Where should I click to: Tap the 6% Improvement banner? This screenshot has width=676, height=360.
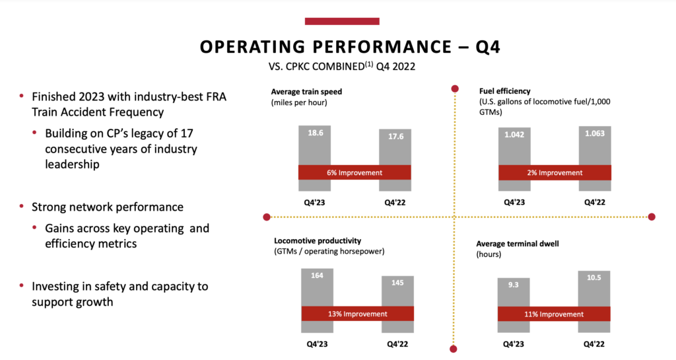click(x=355, y=172)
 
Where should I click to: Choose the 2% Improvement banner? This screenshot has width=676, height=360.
click(x=555, y=172)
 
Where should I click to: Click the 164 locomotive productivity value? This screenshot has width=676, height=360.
click(x=318, y=274)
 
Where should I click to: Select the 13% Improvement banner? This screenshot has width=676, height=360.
click(x=357, y=314)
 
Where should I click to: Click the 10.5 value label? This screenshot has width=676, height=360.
click(x=594, y=277)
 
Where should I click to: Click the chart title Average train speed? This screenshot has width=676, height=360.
click(x=306, y=91)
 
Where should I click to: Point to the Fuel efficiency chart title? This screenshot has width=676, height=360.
click(x=504, y=90)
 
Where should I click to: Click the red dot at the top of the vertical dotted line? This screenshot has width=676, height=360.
click(x=454, y=89)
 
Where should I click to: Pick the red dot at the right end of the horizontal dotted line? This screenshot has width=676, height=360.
click(x=652, y=217)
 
